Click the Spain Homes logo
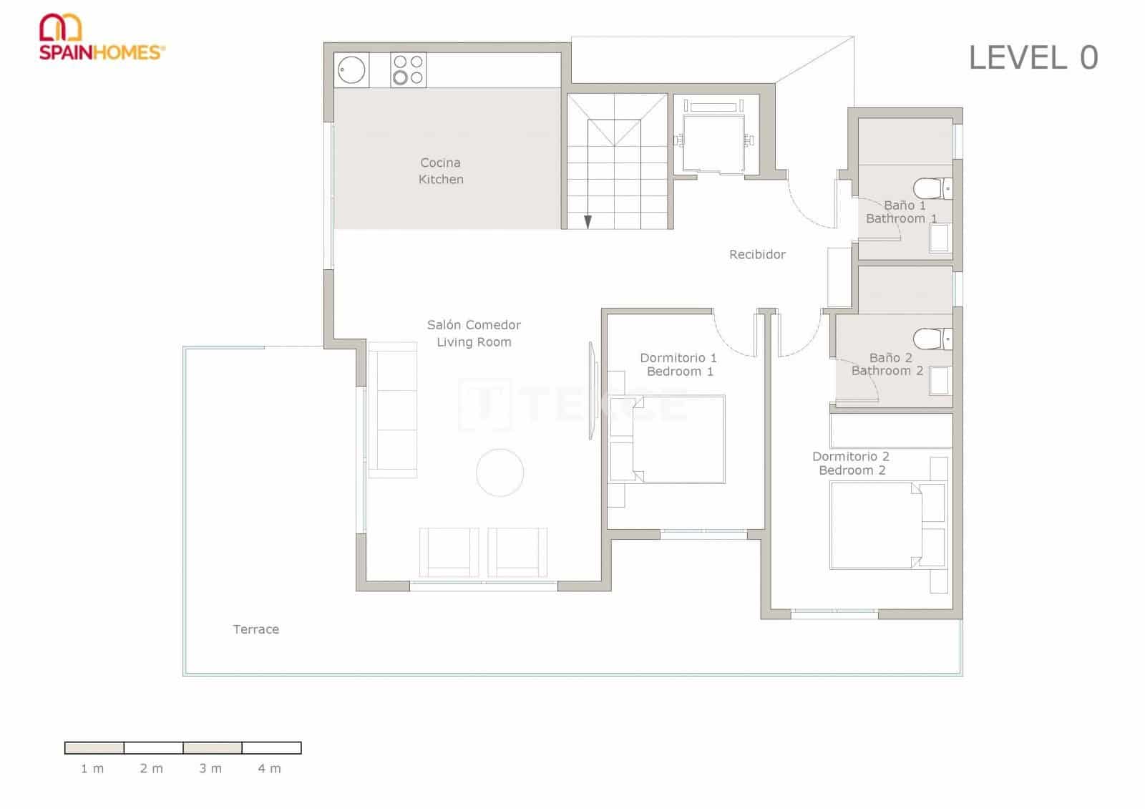101,37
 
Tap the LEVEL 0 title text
1033,58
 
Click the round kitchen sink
351,70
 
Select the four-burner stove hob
409,70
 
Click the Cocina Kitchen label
441,171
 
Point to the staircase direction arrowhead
588,222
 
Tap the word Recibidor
757,254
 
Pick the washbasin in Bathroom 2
939,381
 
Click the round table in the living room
500,473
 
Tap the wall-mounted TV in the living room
592,390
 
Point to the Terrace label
255,629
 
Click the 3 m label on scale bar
210,768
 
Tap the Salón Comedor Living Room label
474,333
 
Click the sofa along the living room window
393,410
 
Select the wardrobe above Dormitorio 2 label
891,430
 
